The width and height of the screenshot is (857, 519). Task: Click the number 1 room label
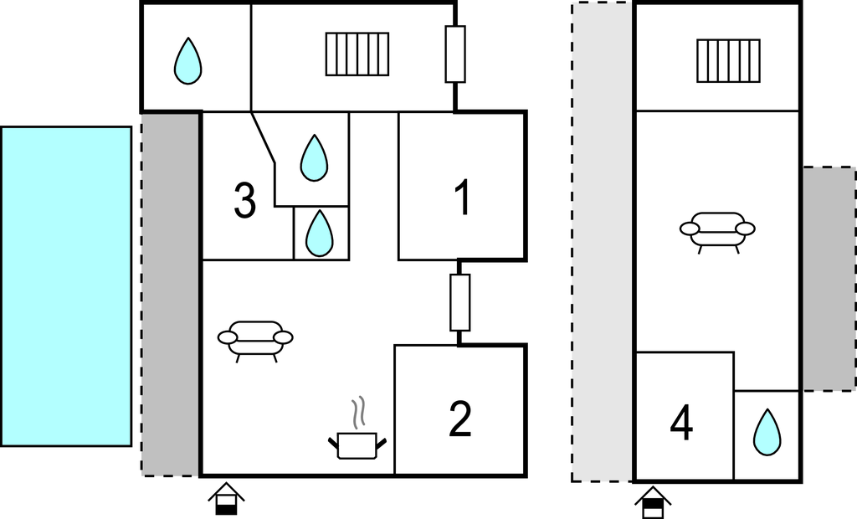tap(462, 199)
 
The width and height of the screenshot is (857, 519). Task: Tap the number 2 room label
tap(460, 420)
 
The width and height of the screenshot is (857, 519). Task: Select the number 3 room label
tap(244, 202)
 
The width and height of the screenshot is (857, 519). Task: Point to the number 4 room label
tap(682, 424)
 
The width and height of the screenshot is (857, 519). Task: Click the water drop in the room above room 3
tap(187, 61)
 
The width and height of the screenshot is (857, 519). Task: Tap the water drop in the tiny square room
tap(319, 233)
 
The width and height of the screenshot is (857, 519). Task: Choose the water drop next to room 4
tap(766, 433)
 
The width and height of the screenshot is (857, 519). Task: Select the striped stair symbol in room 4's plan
tap(728, 61)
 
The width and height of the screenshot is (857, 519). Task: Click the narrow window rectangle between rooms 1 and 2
tap(459, 302)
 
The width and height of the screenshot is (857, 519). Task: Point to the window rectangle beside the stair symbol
tap(454, 54)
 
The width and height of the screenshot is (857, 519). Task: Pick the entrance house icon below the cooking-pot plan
tap(226, 498)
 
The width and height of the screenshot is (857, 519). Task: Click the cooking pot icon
tap(360, 444)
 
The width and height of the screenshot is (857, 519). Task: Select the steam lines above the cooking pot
tap(359, 413)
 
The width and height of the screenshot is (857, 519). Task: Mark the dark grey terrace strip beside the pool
tap(171, 293)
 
